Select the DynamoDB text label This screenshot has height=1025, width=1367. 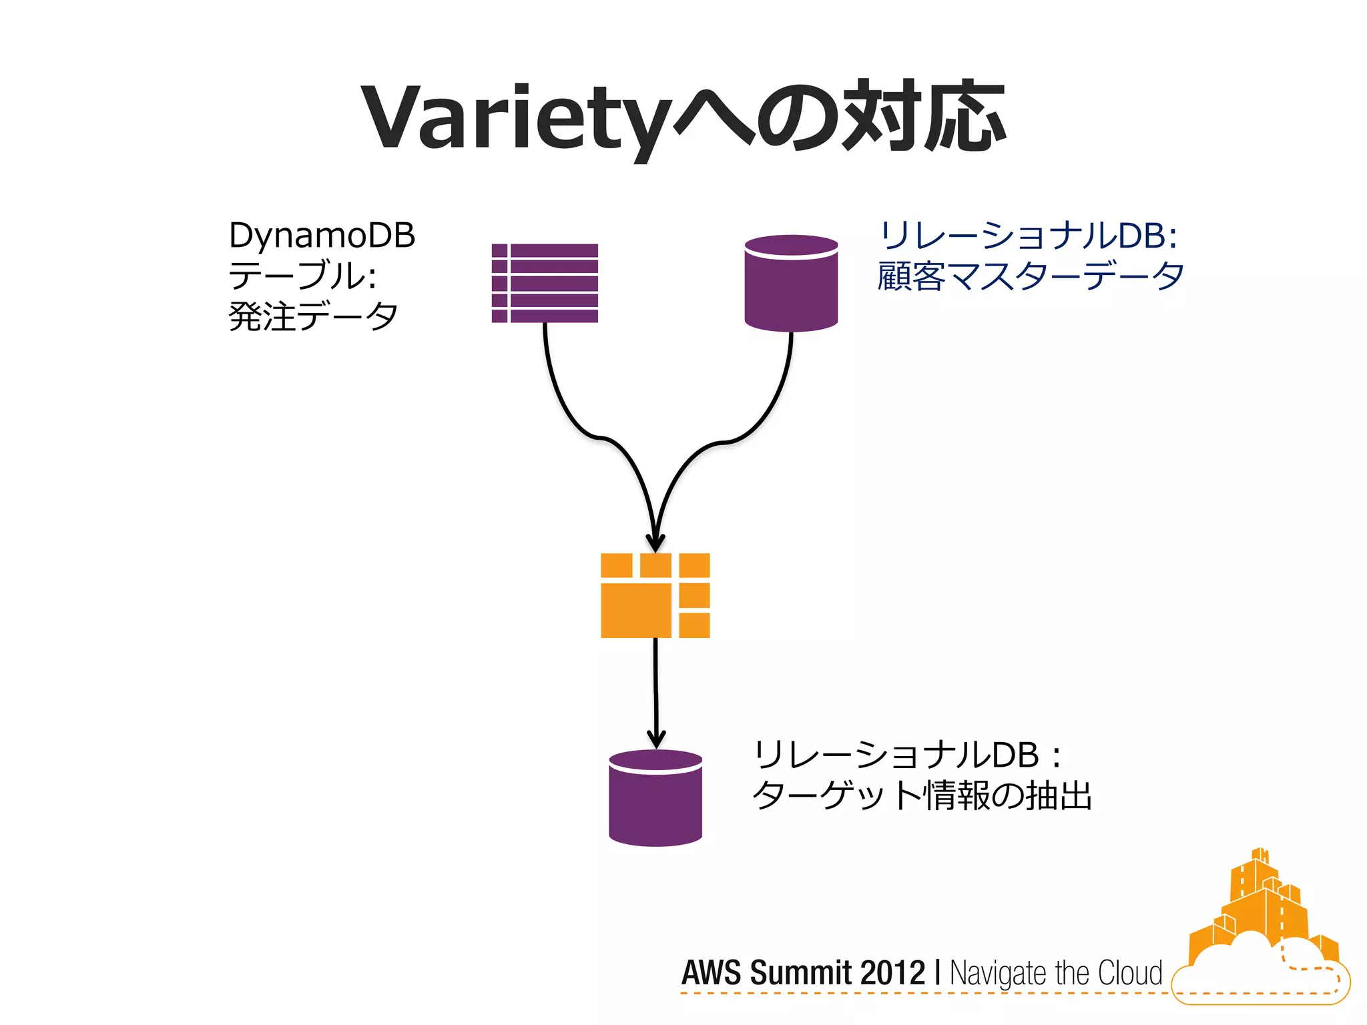click(322, 236)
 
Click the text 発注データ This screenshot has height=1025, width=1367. click(313, 316)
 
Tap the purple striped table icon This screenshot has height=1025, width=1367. click(545, 283)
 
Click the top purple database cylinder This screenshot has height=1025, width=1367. click(791, 283)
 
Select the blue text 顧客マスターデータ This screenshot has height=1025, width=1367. click(1030, 276)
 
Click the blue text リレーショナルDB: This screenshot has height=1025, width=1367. click(1028, 236)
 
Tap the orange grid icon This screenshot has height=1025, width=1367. click(655, 595)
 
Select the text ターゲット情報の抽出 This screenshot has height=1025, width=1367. click(921, 795)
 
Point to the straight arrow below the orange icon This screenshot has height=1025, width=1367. click(655, 694)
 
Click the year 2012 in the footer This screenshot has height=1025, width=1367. click(892, 972)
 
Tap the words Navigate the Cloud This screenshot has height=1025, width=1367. click(1055, 973)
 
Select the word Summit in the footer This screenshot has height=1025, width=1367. click(801, 972)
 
